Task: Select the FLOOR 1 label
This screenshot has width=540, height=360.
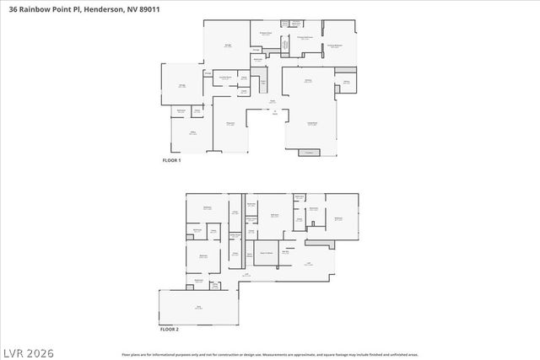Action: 173,160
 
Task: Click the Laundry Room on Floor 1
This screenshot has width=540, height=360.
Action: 225,78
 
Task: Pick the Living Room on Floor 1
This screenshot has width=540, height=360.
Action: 311,125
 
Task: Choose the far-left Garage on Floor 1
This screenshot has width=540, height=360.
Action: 181,85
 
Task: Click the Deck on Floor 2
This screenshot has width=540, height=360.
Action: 199,307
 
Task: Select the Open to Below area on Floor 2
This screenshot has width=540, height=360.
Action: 265,252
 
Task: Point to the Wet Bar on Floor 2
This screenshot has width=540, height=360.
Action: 286,252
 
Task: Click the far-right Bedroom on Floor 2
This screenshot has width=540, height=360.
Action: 339,218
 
